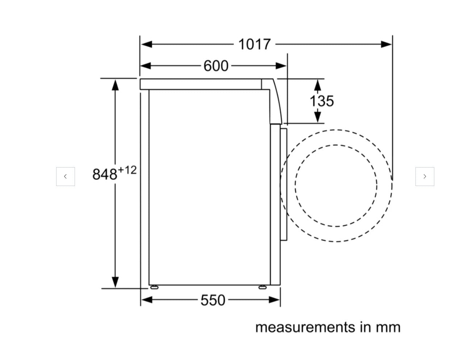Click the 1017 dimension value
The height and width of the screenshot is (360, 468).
(x=254, y=44)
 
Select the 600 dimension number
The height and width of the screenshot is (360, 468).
(x=216, y=66)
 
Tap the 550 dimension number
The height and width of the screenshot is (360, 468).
(x=213, y=300)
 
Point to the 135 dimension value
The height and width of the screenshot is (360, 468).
(x=322, y=101)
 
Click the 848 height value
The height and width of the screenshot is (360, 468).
(x=105, y=174)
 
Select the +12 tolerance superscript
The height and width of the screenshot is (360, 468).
(x=127, y=170)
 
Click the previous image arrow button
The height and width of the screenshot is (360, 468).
(x=66, y=176)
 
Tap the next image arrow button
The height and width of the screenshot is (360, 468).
(x=425, y=176)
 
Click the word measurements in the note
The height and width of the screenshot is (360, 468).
(x=305, y=327)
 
